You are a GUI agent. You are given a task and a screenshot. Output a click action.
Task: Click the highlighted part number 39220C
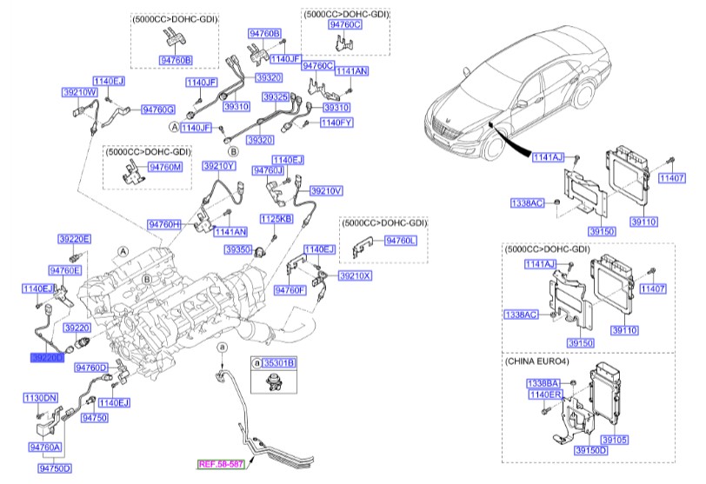pos(46,357)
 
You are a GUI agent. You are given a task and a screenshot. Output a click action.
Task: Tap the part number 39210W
pos(78,91)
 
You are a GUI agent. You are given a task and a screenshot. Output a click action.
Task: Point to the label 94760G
pos(158,109)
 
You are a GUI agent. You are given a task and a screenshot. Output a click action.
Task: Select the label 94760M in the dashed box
pos(165,166)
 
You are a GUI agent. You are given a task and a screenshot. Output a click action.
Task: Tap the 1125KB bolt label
pos(276,219)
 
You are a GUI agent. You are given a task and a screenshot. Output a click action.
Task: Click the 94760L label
pos(402,239)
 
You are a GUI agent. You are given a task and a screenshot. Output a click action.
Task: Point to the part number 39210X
pos(355,275)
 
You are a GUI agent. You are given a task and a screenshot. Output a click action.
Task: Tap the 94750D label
pos(55,467)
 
